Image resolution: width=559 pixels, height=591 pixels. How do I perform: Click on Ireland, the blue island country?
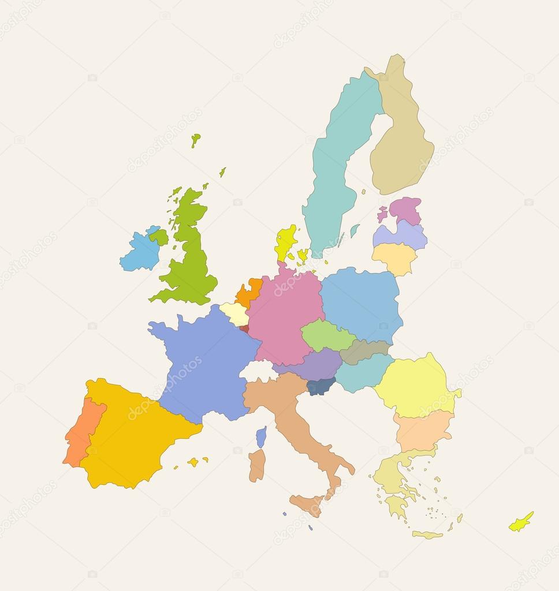point(140,252)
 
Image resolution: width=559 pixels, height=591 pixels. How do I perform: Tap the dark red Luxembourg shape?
point(244,328)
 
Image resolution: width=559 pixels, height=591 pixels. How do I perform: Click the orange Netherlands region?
point(249,292)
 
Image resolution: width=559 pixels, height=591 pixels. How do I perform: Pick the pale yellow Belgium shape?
point(234,313)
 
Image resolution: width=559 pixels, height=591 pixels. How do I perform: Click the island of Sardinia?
point(257,465)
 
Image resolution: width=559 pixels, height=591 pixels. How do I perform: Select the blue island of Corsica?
point(262,437)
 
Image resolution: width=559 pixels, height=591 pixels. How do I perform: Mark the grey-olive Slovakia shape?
point(364,350)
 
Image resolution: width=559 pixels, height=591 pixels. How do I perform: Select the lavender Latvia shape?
point(400,235)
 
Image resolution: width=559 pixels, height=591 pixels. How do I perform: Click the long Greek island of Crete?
point(427,535)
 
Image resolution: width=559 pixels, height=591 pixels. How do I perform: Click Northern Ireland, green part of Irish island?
point(159,237)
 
